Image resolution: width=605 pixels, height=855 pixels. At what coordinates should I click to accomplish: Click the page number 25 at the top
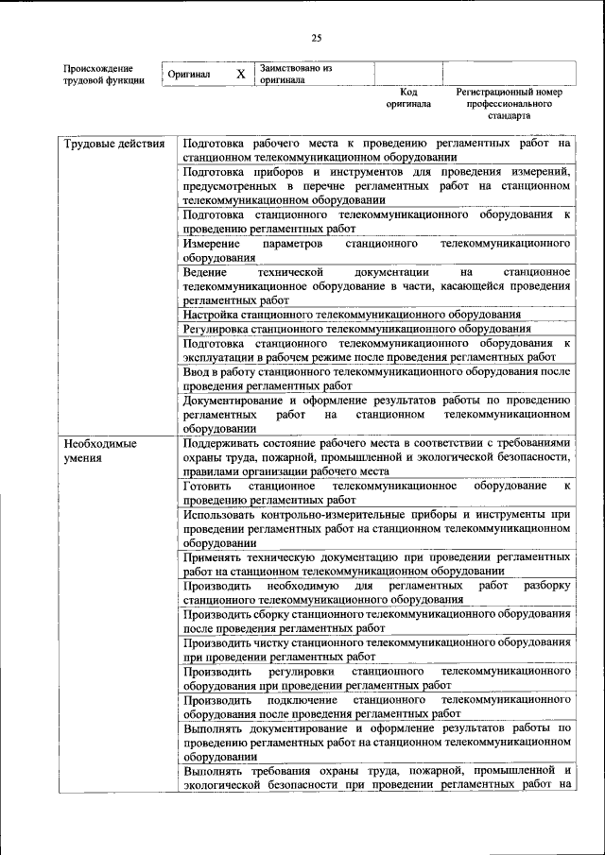(x=316, y=38)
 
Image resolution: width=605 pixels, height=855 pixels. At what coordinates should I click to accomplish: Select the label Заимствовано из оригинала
(x=297, y=74)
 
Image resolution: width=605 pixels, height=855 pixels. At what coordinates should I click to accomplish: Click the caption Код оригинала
(x=408, y=98)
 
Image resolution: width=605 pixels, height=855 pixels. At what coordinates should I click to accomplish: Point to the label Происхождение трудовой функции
(x=104, y=75)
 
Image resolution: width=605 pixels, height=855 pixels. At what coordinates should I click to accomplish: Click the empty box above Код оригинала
(x=408, y=74)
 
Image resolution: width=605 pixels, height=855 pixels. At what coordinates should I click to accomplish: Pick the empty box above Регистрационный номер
(x=509, y=74)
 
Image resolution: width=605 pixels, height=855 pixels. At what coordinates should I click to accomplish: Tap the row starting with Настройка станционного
(x=352, y=314)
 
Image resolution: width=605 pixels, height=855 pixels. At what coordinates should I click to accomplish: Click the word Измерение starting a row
(x=214, y=243)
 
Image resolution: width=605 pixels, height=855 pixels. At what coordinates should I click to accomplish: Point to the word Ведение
(x=207, y=272)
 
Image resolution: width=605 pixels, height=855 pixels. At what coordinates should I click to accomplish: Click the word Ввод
(x=199, y=372)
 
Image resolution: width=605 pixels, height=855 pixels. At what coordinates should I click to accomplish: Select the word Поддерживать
(x=227, y=443)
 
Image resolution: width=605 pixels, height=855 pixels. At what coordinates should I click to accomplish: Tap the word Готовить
(x=209, y=486)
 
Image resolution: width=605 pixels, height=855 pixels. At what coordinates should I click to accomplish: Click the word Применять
(x=221, y=557)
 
